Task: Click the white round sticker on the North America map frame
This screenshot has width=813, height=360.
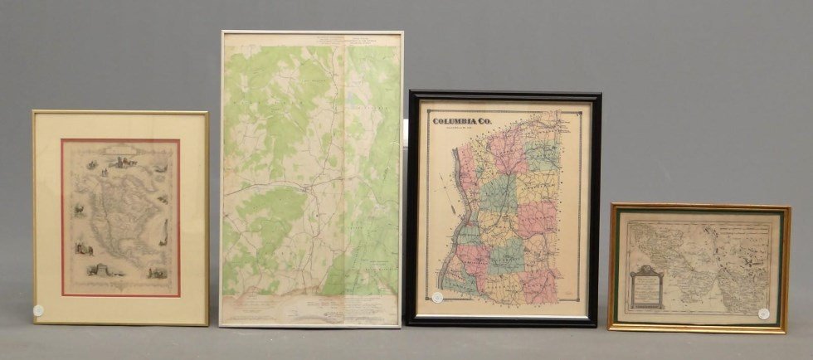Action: pos(38,310)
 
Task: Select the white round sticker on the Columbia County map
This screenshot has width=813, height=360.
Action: pos(437,296)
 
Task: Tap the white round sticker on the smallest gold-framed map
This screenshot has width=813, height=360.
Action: pos(763,314)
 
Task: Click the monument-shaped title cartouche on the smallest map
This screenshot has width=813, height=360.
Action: pos(646,287)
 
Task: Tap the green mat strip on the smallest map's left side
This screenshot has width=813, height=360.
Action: pos(618,266)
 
